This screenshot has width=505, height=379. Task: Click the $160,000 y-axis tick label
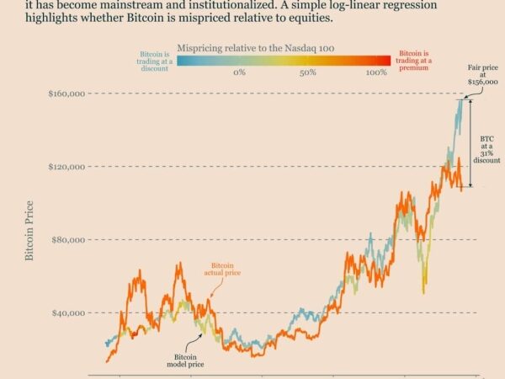click(x=66, y=93)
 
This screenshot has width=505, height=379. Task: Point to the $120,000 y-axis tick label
click(x=66, y=167)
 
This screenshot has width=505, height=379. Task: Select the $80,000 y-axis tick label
click(x=67, y=239)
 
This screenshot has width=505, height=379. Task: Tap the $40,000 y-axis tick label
click(x=67, y=312)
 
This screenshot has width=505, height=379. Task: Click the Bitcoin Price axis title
click(x=29, y=229)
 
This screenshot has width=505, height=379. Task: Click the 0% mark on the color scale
click(x=239, y=73)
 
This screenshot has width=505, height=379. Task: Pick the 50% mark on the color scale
click(x=307, y=73)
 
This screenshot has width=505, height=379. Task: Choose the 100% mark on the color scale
click(x=376, y=73)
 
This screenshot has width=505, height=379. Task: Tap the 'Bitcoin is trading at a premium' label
click(x=413, y=61)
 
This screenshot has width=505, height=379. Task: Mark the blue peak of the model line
click(x=460, y=100)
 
